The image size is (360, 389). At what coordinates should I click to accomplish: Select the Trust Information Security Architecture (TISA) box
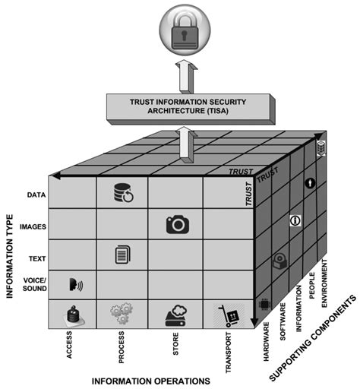188,107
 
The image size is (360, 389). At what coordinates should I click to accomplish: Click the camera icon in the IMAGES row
177,223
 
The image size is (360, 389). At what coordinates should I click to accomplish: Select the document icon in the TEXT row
122,254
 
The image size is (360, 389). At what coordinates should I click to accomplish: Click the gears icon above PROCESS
122,313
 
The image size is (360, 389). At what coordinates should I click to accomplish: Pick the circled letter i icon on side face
295,220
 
